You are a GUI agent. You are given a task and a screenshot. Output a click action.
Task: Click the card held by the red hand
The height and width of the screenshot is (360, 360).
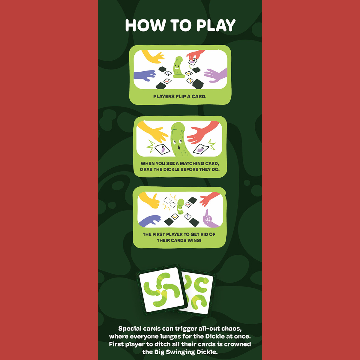[193, 61]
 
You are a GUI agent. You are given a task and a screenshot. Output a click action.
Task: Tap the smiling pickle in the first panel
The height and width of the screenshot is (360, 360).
[178, 67]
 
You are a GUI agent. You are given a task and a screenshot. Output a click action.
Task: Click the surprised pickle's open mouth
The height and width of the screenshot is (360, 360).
[179, 148]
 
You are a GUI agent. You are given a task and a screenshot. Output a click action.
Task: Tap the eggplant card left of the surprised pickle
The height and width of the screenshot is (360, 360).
[162, 149]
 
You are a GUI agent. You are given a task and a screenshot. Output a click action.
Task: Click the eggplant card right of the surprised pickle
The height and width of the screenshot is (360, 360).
[201, 149]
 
